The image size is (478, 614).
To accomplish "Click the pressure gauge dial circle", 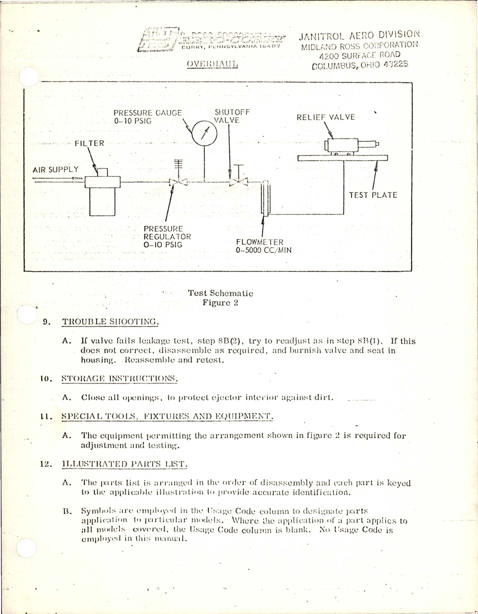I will pos(204,133).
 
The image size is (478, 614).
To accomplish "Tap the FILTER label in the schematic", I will pos(89,144).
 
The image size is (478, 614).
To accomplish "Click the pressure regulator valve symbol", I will pos(178,182).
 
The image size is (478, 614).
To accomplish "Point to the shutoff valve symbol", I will pos(238,182).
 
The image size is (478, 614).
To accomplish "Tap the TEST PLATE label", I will pos(373,195).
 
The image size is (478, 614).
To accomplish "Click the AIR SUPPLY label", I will pos(56,170).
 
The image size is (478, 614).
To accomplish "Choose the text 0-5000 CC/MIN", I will pos(264,250).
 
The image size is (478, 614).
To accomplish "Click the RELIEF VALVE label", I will pos(326,117).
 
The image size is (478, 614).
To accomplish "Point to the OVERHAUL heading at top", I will pos(212,64).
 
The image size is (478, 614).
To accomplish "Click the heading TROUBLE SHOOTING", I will pos(111,322).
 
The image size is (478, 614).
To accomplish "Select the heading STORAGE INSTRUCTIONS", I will pos(119,378).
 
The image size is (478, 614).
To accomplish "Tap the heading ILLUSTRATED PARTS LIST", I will pos(124,464).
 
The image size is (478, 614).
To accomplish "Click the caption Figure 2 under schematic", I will pos(220,303).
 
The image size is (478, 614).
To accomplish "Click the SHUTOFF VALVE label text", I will pos(229,116).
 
